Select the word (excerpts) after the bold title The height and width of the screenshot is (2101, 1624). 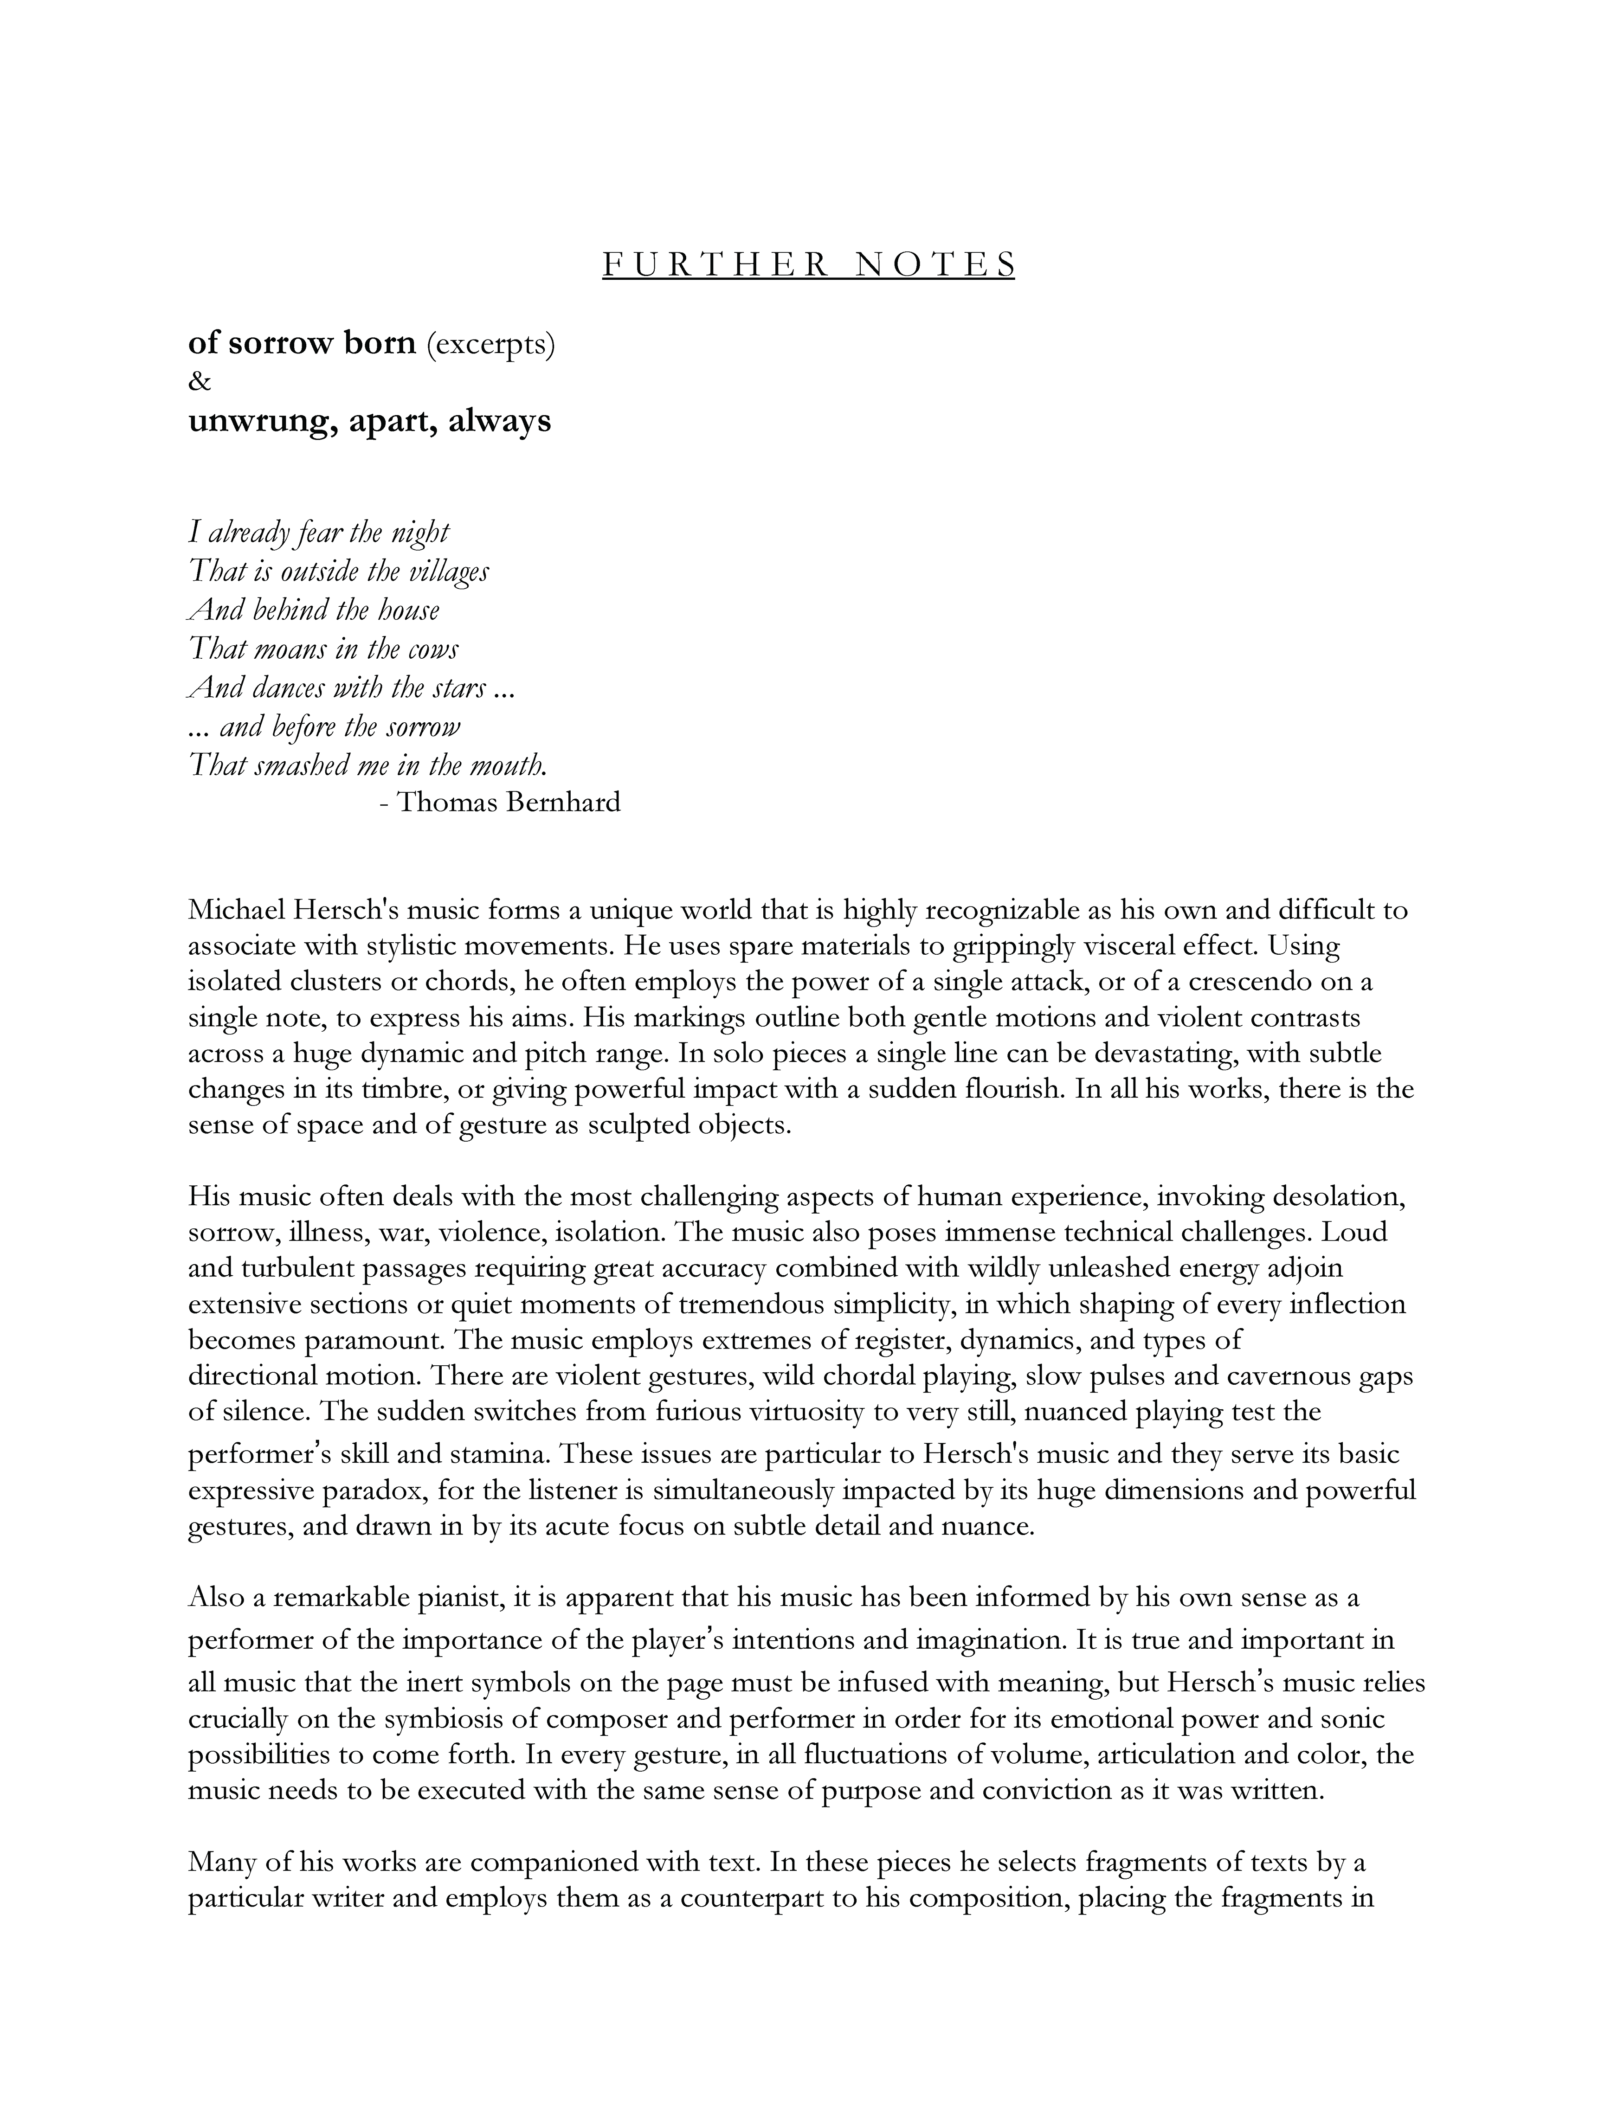coord(490,344)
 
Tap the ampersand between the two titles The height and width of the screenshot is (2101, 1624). coord(199,382)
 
